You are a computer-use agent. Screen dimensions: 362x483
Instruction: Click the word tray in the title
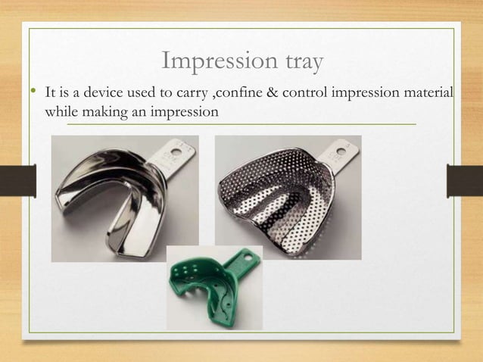tap(296, 61)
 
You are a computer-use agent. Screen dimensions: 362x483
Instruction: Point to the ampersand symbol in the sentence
tap(263, 93)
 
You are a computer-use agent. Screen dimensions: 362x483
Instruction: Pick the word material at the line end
tap(428, 93)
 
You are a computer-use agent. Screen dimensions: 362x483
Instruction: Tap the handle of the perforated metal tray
tap(338, 154)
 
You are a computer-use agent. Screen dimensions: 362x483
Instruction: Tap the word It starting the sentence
tap(52, 93)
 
